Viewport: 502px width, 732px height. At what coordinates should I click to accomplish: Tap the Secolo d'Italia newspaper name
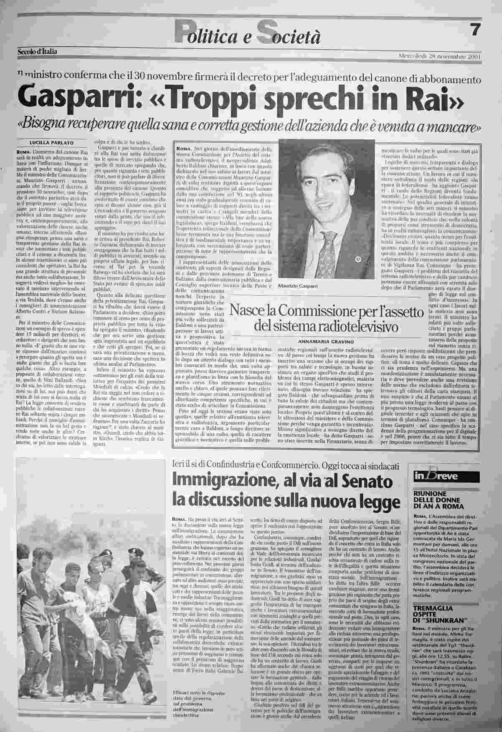38,52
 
